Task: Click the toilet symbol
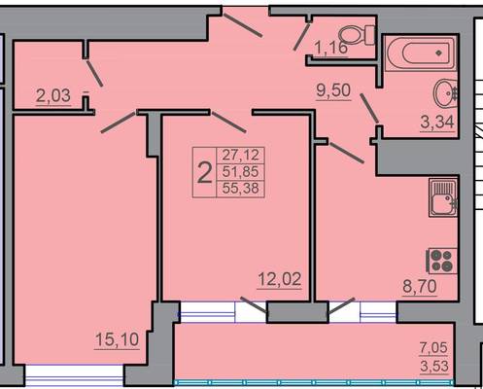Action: pos(357,35)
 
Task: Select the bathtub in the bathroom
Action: pos(421,53)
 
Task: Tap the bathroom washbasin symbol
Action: pos(446,93)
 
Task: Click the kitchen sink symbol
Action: pos(443,197)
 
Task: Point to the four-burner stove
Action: pos(442,261)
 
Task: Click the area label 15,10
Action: pos(117,339)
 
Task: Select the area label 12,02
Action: pos(280,279)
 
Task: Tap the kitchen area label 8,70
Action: pos(420,287)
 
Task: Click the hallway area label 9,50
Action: pos(333,90)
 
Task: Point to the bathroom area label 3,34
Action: pos(437,123)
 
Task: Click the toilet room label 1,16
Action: pos(331,49)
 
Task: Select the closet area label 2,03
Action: pos(53,96)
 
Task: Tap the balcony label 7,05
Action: pos(433,348)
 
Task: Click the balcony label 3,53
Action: pos(434,367)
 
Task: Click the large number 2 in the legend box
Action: pos(204,173)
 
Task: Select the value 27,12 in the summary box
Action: pos(241,155)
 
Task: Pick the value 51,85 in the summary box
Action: pos(240,171)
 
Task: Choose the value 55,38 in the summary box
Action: pos(240,188)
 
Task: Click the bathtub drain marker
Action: pos(438,53)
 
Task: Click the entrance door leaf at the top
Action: pos(243,23)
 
